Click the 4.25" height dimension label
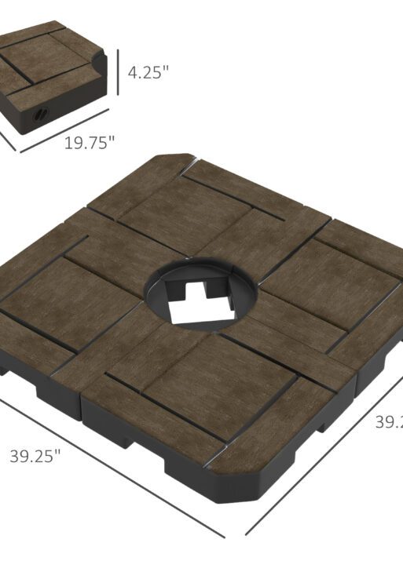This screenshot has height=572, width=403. tap(148, 72)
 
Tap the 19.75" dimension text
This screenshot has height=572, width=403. tap(90, 143)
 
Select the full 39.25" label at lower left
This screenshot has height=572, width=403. tap(35, 457)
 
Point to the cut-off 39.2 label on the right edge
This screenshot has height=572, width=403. tap(388, 421)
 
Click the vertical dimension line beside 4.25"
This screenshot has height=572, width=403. tap(118, 72)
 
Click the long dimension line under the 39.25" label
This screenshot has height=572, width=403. tap(110, 471)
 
